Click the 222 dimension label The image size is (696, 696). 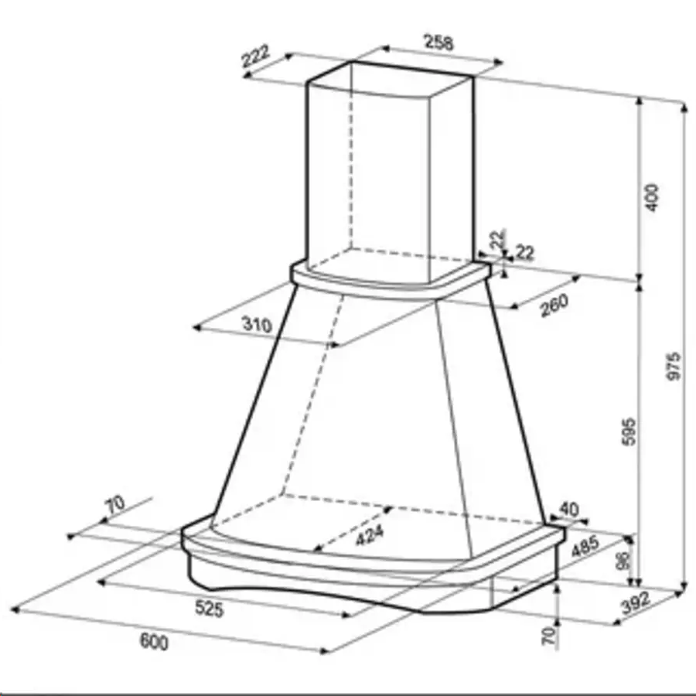[x=255, y=56]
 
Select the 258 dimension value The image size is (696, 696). [x=439, y=43]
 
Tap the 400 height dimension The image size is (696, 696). [x=652, y=198]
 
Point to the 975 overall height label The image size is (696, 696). [x=674, y=366]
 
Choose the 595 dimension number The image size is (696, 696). [x=629, y=432]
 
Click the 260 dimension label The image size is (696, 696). [x=554, y=305]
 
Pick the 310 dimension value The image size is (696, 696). [x=257, y=325]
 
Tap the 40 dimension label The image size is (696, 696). [x=568, y=509]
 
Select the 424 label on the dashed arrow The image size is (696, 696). [x=370, y=535]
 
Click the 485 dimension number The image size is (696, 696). [x=585, y=547]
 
